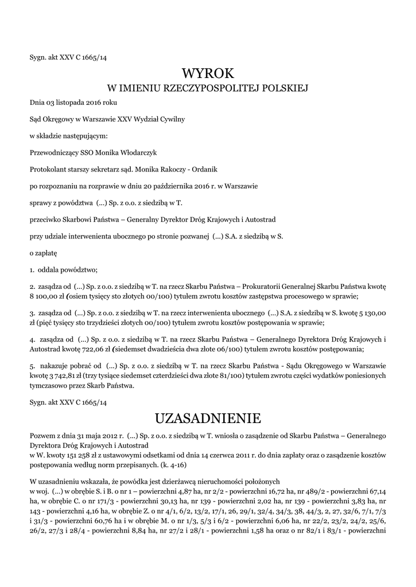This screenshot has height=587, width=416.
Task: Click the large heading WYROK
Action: (x=208, y=73)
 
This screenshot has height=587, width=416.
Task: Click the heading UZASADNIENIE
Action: (x=208, y=416)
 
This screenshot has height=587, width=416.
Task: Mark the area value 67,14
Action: (x=376, y=492)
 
